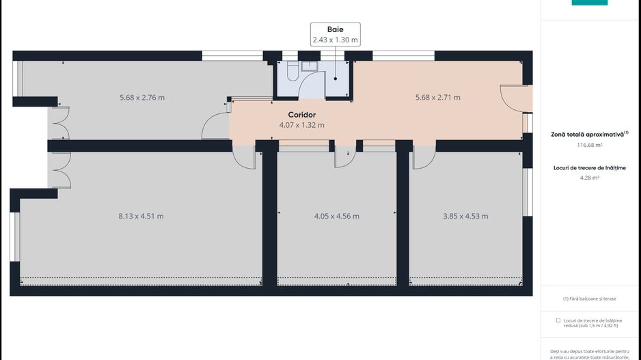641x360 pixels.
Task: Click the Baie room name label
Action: tap(336, 29)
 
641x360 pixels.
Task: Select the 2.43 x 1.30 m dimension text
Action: tap(336, 40)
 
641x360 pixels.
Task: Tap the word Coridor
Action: tap(301, 115)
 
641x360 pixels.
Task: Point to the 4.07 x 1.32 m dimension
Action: tap(301, 125)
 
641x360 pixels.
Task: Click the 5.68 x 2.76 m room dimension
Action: tap(142, 98)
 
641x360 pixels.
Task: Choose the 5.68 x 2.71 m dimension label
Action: tap(438, 98)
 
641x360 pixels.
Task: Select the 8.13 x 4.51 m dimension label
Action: tap(141, 216)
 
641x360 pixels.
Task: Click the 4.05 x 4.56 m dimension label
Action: tap(337, 216)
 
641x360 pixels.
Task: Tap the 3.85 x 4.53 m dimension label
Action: tap(465, 216)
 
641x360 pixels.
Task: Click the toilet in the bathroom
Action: tap(292, 70)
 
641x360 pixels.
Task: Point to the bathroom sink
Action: tap(310, 66)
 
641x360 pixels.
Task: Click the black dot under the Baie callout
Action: tap(336, 79)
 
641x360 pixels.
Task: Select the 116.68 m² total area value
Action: tap(590, 145)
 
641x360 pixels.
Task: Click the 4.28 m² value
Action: tap(590, 178)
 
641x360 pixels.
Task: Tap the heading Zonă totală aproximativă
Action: tap(588, 135)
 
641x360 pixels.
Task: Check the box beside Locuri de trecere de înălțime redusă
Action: tap(558, 320)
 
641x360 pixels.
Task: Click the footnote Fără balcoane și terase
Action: tap(590, 299)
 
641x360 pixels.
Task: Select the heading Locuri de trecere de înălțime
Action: tap(590, 168)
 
